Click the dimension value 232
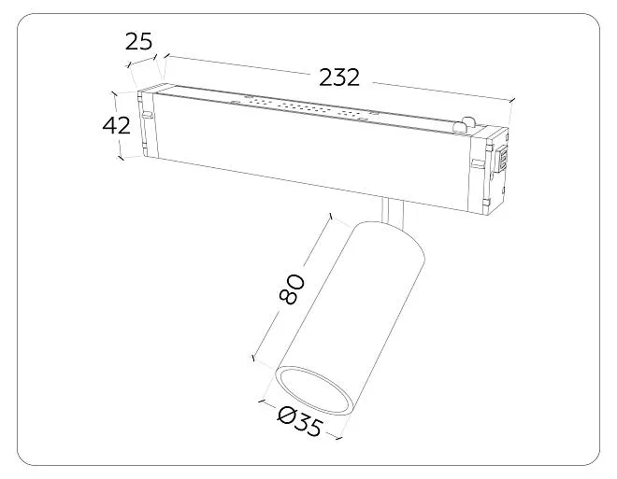(x=338, y=77)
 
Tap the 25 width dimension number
(x=138, y=42)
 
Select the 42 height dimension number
(x=116, y=126)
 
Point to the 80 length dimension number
(x=292, y=289)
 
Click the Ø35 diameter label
(x=299, y=422)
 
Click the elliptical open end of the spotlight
(x=313, y=390)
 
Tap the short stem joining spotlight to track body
(x=392, y=212)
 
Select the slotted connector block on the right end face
(x=502, y=159)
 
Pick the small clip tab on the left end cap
(x=147, y=115)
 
